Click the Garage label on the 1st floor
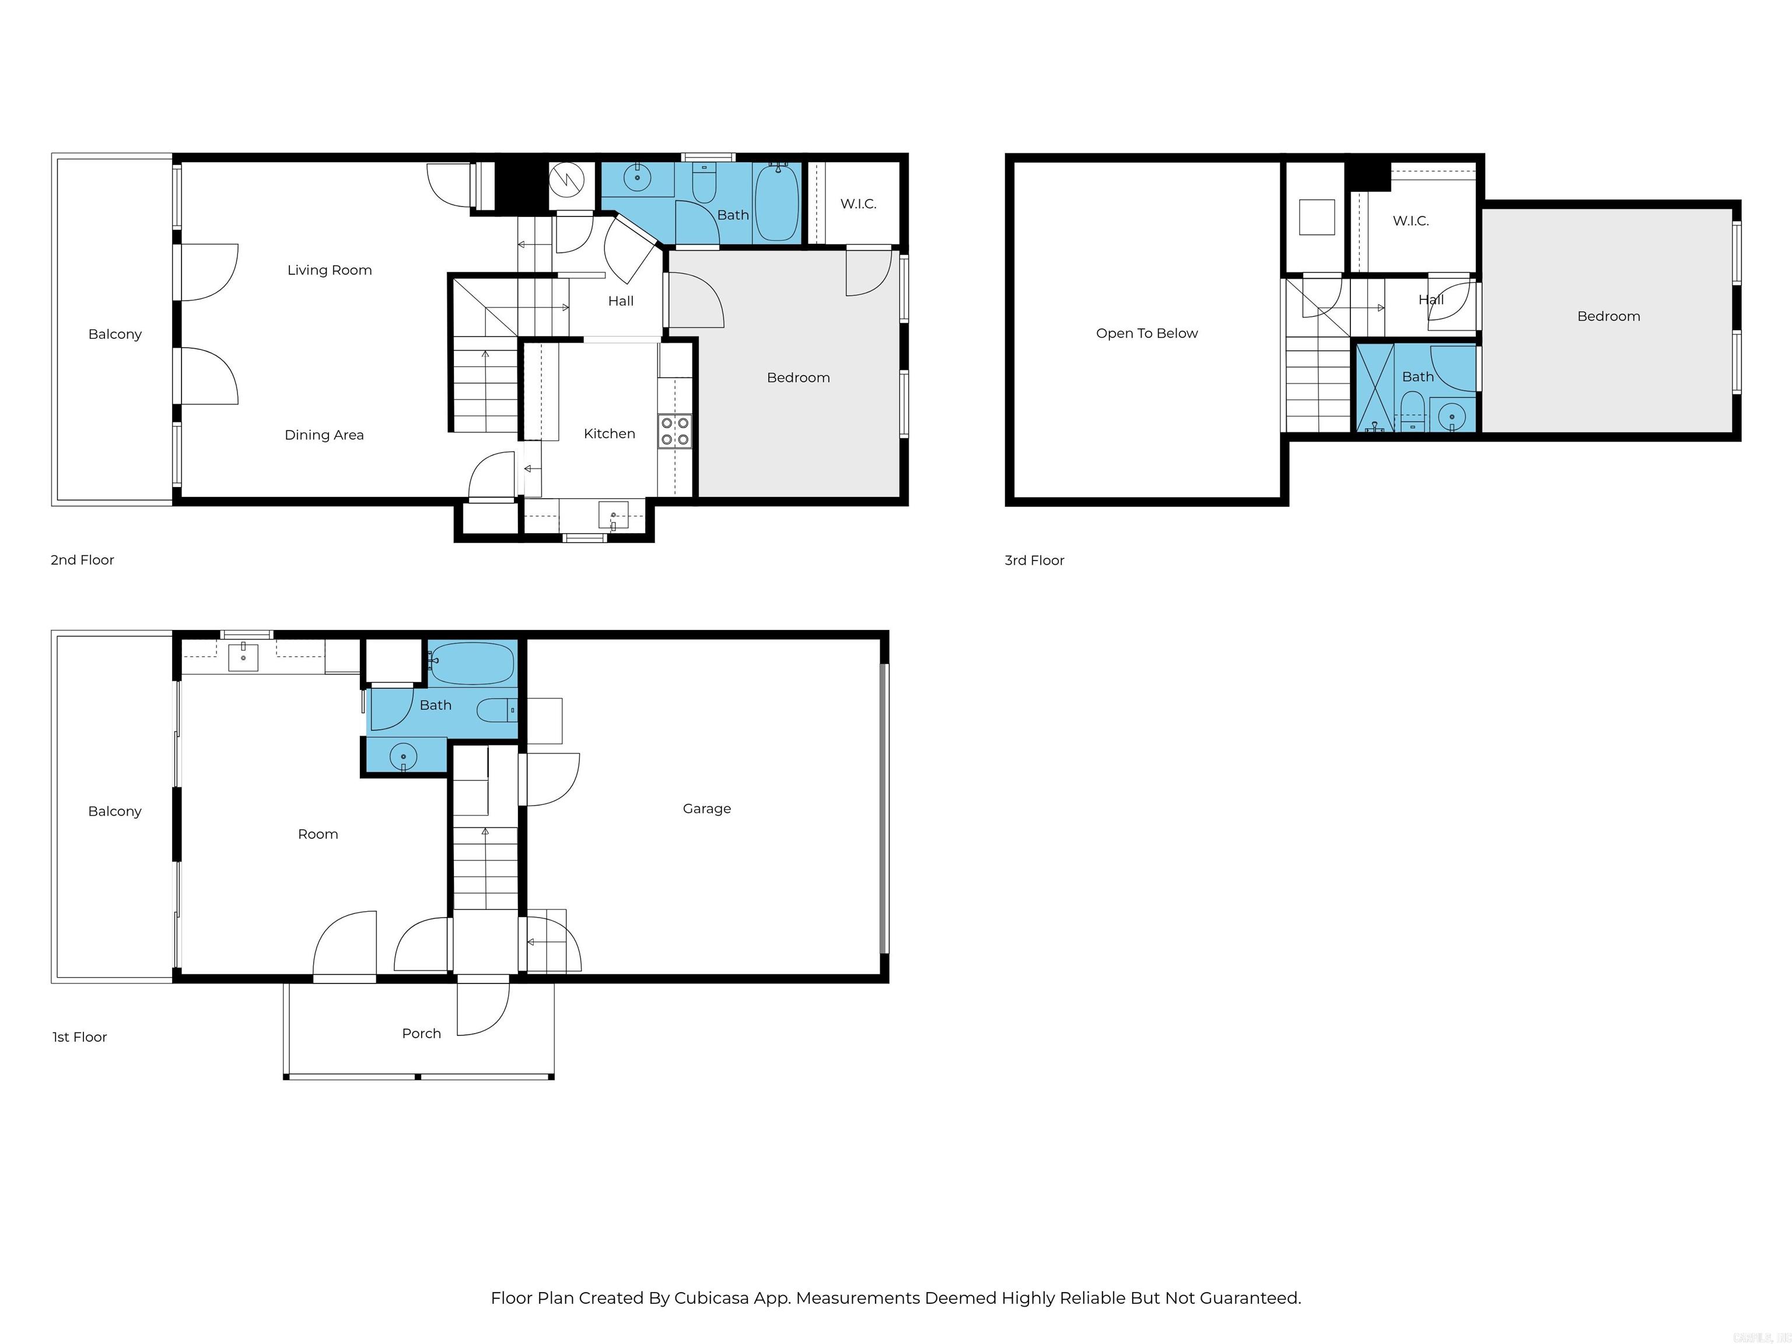coord(706,808)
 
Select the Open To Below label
coord(1146,333)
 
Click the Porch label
coord(421,1033)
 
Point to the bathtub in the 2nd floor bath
coord(777,202)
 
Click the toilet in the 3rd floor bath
coord(1412,409)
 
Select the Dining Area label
coord(324,435)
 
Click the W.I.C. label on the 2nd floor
coord(858,204)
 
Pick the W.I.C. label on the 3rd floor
coord(1410,221)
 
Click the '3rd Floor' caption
coord(1034,561)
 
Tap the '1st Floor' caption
coord(79,1037)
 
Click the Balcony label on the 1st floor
coord(114,811)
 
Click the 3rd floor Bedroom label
coord(1608,317)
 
